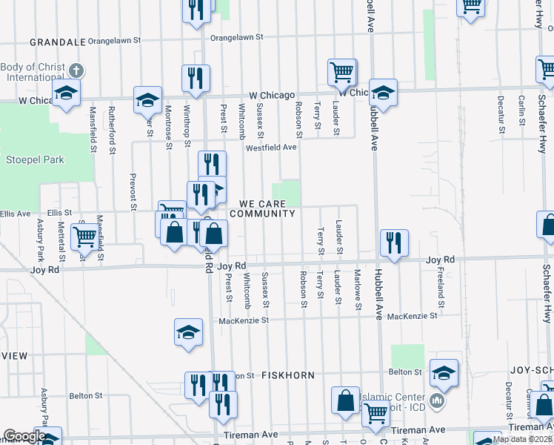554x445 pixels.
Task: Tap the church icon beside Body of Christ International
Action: [x=76, y=71]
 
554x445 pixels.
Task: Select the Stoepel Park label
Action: [x=36, y=159]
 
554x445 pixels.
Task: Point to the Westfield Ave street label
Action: [x=271, y=147]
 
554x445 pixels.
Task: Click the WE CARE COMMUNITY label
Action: [x=262, y=208]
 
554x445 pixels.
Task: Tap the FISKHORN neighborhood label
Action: [x=288, y=375]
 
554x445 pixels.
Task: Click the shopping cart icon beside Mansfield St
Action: [x=85, y=237]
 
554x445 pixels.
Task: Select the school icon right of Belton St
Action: [x=444, y=372]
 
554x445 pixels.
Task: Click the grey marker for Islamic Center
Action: [x=437, y=403]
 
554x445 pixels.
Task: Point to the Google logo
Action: [x=24, y=436]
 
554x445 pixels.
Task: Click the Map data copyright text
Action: [x=522, y=439]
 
